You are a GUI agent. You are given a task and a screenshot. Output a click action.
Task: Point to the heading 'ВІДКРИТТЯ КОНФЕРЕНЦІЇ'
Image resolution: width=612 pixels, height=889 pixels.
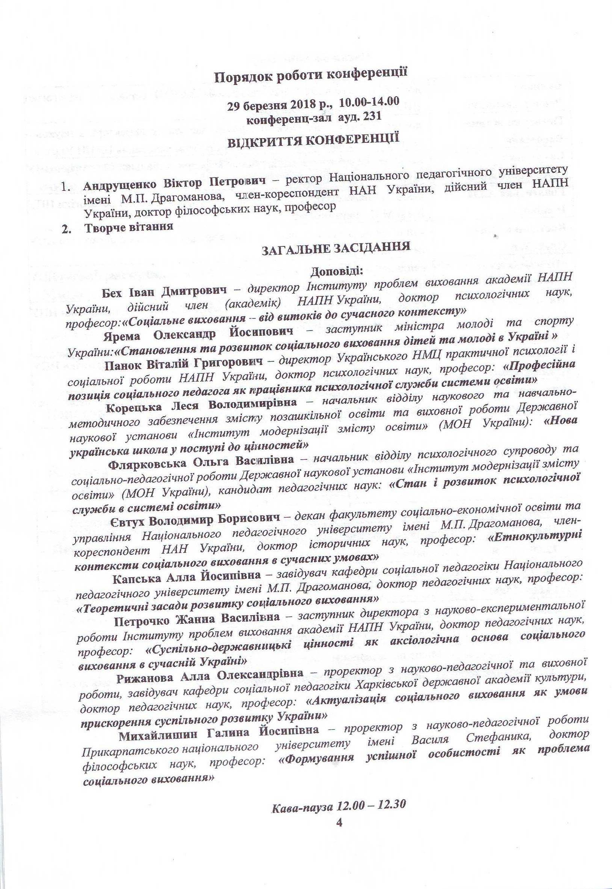[313, 140]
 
